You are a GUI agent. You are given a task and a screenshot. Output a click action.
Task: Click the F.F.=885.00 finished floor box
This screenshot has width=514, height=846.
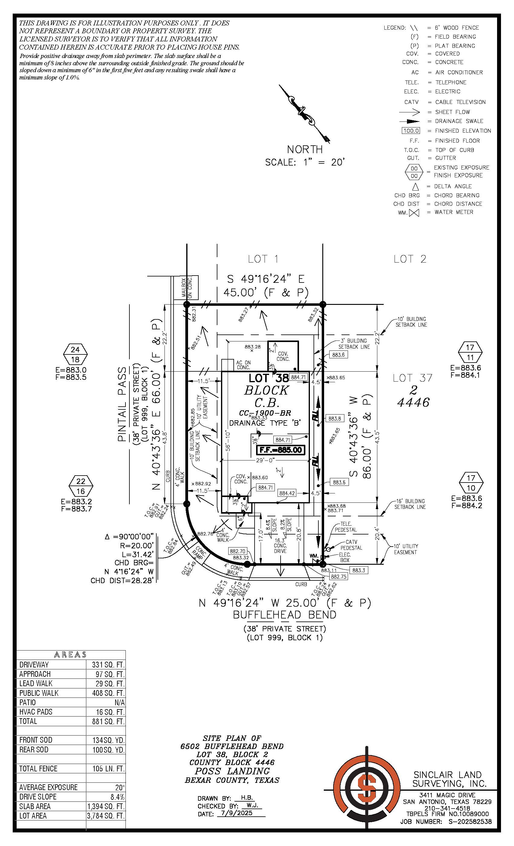pyautogui.click(x=281, y=450)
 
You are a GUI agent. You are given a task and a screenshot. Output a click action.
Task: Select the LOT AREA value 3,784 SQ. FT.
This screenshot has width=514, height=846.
pyautogui.click(x=106, y=816)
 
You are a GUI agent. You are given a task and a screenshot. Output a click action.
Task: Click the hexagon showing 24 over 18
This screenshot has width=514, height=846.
pyautogui.click(x=75, y=354)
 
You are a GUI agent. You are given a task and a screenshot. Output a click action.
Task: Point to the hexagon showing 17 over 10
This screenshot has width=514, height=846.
pyautogui.click(x=471, y=483)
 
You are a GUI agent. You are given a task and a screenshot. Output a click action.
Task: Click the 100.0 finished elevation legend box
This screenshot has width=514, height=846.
pyautogui.click(x=411, y=131)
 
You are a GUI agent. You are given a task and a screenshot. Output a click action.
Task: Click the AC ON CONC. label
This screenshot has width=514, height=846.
pyautogui.click(x=243, y=365)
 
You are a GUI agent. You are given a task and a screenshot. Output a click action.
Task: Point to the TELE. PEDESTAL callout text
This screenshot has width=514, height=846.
pyautogui.click(x=346, y=527)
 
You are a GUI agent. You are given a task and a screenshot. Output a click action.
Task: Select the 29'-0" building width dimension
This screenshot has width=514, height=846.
pyautogui.click(x=264, y=460)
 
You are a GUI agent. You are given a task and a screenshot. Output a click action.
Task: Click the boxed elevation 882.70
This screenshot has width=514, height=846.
pyautogui.click(x=237, y=551)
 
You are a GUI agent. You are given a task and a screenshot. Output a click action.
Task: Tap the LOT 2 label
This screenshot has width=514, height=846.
pyautogui.click(x=410, y=259)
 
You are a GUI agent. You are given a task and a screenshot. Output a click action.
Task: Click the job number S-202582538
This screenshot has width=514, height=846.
pyautogui.click(x=470, y=822)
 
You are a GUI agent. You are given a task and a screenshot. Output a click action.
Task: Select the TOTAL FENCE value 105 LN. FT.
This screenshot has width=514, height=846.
pyautogui.click(x=108, y=769)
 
